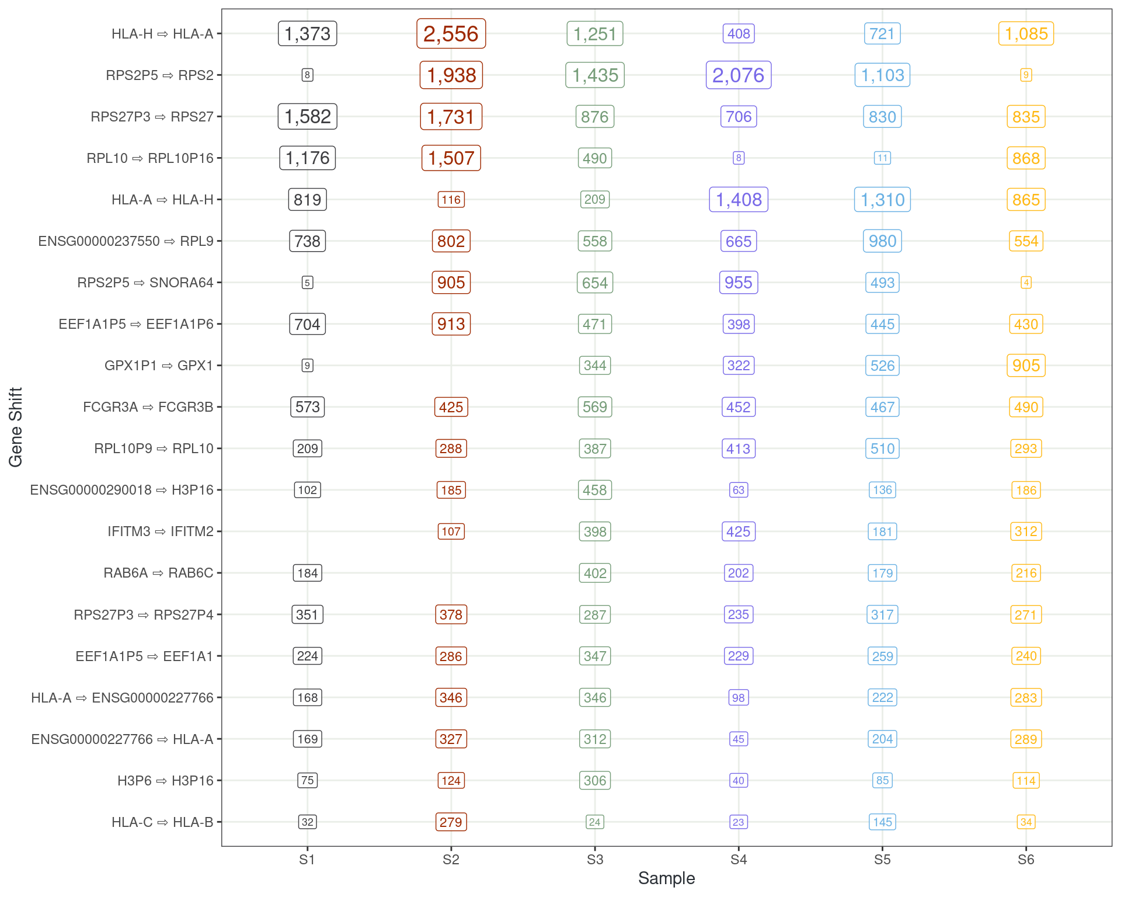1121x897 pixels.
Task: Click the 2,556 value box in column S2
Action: [x=451, y=34]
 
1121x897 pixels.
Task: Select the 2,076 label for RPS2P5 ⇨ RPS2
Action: [x=738, y=75]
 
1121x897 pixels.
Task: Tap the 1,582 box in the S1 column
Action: [x=307, y=117]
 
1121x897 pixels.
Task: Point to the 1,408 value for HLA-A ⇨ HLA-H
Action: [x=738, y=200]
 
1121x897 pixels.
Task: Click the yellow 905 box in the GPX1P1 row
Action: [x=1026, y=366]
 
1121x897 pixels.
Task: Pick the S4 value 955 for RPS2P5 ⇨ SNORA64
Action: [x=738, y=283]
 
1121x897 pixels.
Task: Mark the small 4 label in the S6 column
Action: [x=1026, y=283]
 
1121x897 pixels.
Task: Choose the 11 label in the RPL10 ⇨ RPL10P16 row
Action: [x=882, y=158]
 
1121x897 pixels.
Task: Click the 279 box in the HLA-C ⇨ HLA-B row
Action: [x=451, y=822]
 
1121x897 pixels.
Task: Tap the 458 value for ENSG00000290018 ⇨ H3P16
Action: [x=594, y=490]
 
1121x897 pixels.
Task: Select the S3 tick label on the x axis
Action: [x=594, y=860]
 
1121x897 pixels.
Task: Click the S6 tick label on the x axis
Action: [x=1026, y=860]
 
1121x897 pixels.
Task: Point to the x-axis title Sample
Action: [x=666, y=878]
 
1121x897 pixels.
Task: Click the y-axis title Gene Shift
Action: [x=16, y=427]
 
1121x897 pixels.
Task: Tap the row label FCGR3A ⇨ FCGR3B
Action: [x=148, y=407]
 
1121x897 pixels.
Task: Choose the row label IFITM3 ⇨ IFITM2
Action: [x=161, y=531]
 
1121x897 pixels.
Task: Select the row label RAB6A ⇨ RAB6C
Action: [x=158, y=573]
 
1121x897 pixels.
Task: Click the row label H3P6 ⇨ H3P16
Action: [x=165, y=781]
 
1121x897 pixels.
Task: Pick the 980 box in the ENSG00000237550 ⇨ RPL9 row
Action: [x=882, y=241]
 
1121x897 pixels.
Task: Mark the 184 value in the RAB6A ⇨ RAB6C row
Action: [x=307, y=573]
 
